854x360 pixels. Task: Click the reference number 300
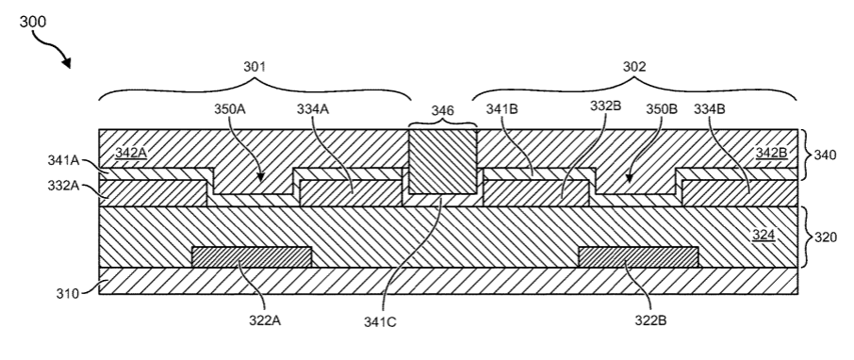(x=33, y=22)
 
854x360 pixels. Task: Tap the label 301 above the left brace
(x=255, y=67)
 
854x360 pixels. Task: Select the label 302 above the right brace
(x=634, y=67)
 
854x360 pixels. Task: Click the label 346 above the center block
(x=443, y=110)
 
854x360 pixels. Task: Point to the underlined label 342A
(x=131, y=153)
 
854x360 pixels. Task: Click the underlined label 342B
(x=772, y=153)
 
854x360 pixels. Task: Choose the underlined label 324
(x=764, y=236)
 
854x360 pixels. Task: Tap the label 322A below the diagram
(x=265, y=320)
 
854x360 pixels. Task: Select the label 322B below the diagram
(x=650, y=320)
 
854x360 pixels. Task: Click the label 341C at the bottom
(x=380, y=322)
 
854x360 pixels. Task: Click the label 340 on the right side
(x=825, y=155)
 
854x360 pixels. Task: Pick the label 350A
(x=229, y=108)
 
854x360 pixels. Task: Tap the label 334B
(x=709, y=108)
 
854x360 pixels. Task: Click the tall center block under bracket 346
(x=443, y=161)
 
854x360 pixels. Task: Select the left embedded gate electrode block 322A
(x=252, y=257)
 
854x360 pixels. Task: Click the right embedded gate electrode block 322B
(x=638, y=257)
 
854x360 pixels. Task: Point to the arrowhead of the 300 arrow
(x=67, y=64)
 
